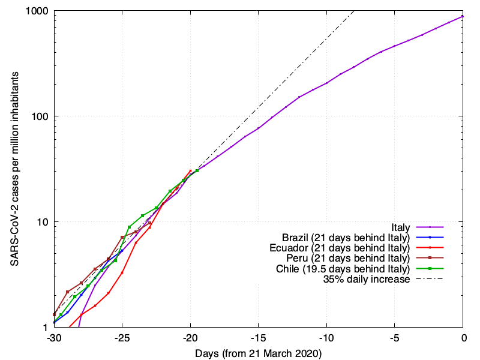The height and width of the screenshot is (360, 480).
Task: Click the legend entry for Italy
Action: (400, 227)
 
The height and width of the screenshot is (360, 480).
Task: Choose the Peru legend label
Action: (349, 258)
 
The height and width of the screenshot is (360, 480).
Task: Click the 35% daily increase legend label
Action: (367, 279)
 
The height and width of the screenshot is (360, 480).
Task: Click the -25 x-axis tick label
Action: (122, 338)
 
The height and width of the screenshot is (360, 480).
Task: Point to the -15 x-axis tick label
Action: (259, 338)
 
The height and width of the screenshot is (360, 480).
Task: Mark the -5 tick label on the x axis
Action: (395, 338)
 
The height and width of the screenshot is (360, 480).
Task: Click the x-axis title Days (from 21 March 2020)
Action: (258, 353)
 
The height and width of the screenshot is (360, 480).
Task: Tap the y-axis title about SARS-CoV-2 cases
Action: (13, 169)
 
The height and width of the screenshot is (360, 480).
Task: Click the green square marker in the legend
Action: (431, 269)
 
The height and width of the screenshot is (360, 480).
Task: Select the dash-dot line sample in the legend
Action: (431, 279)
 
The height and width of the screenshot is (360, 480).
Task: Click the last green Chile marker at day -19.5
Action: (197, 171)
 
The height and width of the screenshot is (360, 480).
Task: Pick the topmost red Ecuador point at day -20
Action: (190, 170)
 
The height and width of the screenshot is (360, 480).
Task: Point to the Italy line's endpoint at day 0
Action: (463, 17)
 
